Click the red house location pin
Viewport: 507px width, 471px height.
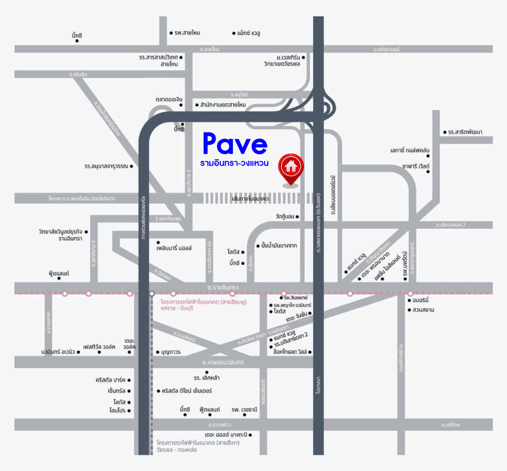[291, 168]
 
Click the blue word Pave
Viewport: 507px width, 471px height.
[235, 144]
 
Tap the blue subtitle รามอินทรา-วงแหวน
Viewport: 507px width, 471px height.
[234, 164]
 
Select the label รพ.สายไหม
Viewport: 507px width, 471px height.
[187, 33]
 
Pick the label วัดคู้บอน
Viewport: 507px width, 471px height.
[285, 216]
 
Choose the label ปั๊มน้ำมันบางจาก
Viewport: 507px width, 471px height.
[280, 246]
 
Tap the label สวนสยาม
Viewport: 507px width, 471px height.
[423, 310]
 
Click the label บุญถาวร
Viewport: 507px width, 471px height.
[171, 352]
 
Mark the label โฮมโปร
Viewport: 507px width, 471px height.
[116, 411]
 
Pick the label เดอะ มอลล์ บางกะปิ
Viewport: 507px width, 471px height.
[225, 435]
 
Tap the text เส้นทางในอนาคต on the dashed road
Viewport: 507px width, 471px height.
[250, 199]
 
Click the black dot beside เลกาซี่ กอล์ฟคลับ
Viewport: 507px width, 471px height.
[428, 156]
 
